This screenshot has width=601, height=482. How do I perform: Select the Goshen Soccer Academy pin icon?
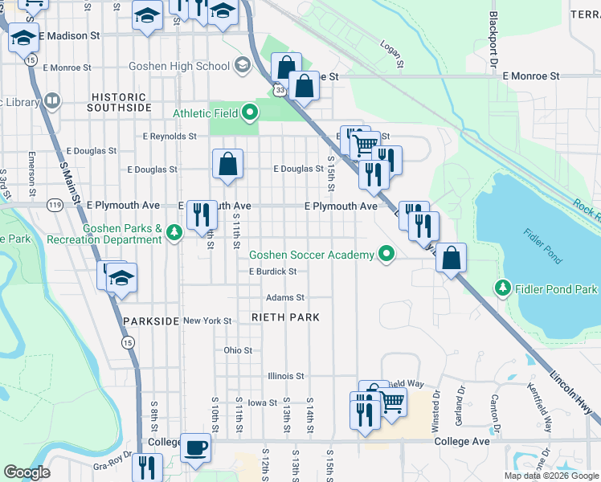[386, 255]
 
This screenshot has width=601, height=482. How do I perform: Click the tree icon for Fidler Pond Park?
[502, 288]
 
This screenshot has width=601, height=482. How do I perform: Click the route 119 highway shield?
[55, 205]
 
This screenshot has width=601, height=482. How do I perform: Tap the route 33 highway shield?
[278, 92]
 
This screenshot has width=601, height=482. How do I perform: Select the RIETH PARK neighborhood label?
[285, 317]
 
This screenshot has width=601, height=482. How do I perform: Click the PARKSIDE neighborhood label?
[151, 321]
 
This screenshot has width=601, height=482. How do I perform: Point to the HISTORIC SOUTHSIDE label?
[119, 101]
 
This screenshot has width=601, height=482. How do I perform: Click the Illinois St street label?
[286, 375]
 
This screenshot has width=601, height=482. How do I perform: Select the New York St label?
[207, 321]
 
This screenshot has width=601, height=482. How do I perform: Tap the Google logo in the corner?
[27, 472]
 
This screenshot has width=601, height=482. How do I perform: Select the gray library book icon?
[52, 101]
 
